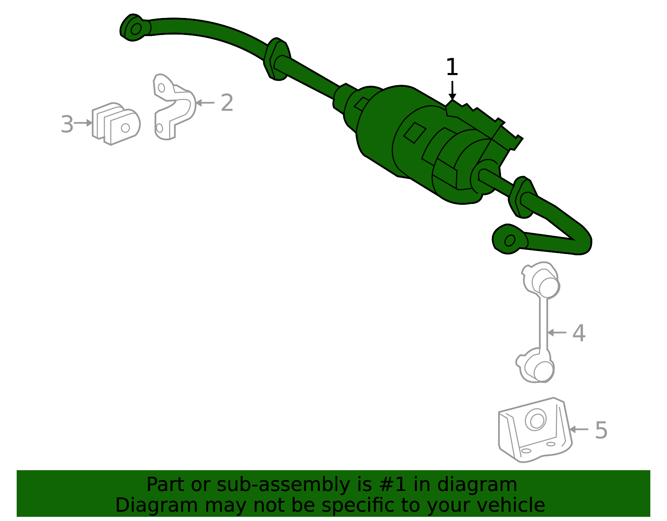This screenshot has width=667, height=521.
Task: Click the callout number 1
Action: point(452,67)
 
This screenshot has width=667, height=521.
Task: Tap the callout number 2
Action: point(227,103)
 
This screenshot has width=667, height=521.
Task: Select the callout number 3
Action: point(67,124)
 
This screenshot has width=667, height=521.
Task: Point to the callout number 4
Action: point(579,333)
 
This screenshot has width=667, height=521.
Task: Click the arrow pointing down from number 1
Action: point(452,90)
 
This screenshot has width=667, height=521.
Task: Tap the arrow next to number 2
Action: point(205,103)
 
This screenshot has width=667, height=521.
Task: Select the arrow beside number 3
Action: point(83,123)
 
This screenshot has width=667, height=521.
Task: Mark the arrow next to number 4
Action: point(557,332)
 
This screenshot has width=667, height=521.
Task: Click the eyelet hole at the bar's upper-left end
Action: point(136,29)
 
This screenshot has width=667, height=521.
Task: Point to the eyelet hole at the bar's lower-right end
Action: point(510,240)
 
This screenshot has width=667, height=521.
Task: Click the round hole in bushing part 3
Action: point(125,128)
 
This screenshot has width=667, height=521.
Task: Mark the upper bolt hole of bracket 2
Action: point(161,88)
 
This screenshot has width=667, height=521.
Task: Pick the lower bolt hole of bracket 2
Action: point(159,128)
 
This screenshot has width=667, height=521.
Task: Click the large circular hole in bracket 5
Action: point(536,420)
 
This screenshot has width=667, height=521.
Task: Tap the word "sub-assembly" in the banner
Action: point(283,484)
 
